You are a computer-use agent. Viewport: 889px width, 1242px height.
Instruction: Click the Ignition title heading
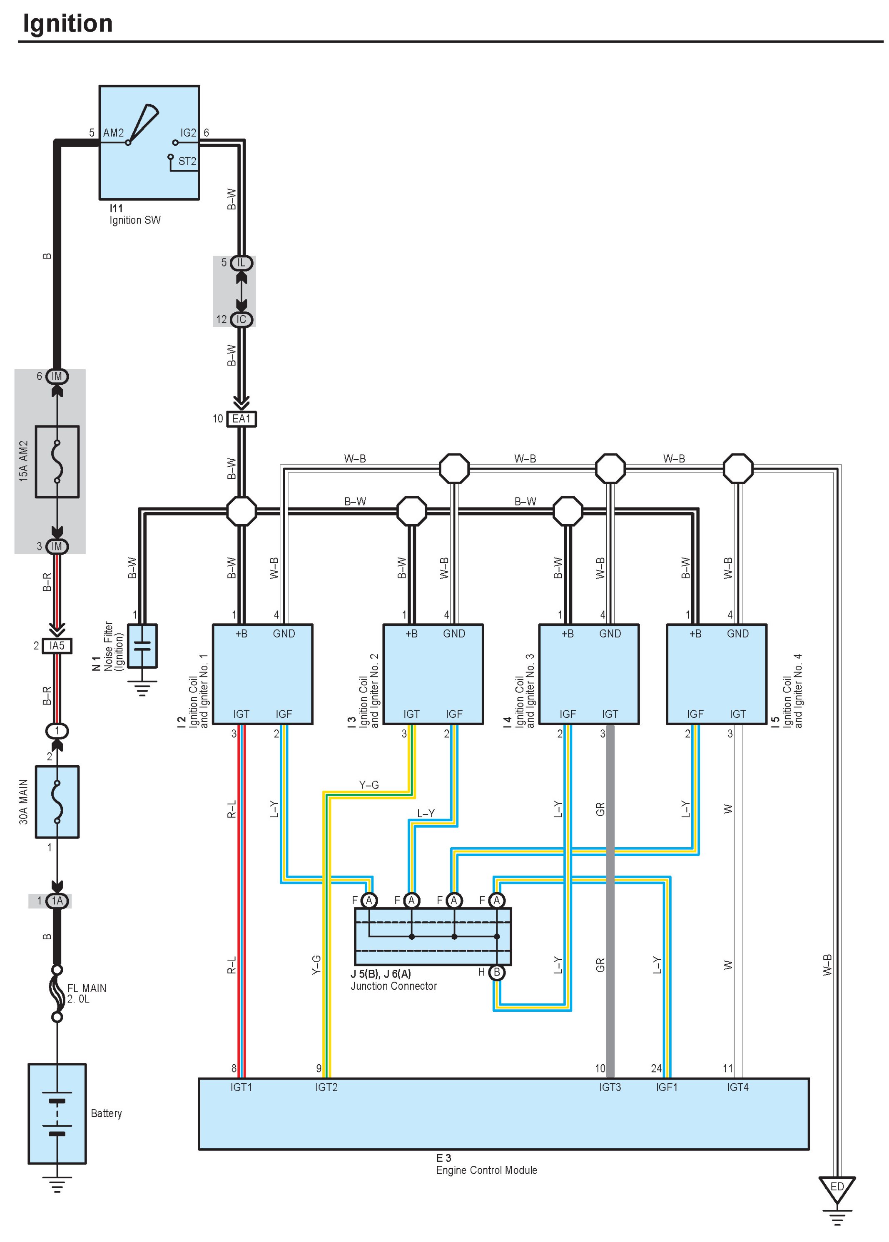(x=67, y=24)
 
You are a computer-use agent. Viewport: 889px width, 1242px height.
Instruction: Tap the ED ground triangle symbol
(x=837, y=1188)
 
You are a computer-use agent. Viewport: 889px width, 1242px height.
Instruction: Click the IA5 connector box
(x=57, y=646)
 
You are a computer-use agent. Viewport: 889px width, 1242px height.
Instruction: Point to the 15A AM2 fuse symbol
(x=57, y=461)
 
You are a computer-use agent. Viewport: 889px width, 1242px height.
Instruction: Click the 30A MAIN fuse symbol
(x=57, y=801)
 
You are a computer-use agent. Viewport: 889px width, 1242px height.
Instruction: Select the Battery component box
(x=57, y=1113)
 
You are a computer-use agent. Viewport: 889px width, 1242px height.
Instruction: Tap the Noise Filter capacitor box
(x=142, y=646)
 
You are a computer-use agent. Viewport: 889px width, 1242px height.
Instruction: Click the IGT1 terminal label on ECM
(x=241, y=1087)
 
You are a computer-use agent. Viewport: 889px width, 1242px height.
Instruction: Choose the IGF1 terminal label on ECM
(x=666, y=1087)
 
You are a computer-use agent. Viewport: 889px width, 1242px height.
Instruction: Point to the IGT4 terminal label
(x=737, y=1087)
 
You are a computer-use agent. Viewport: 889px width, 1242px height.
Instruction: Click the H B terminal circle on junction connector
(x=496, y=972)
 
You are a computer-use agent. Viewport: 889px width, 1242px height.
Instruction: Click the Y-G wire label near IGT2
(x=316, y=964)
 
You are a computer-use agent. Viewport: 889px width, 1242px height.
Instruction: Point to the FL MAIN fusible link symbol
(x=57, y=993)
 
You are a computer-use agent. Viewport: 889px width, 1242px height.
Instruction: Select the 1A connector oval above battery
(x=57, y=901)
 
